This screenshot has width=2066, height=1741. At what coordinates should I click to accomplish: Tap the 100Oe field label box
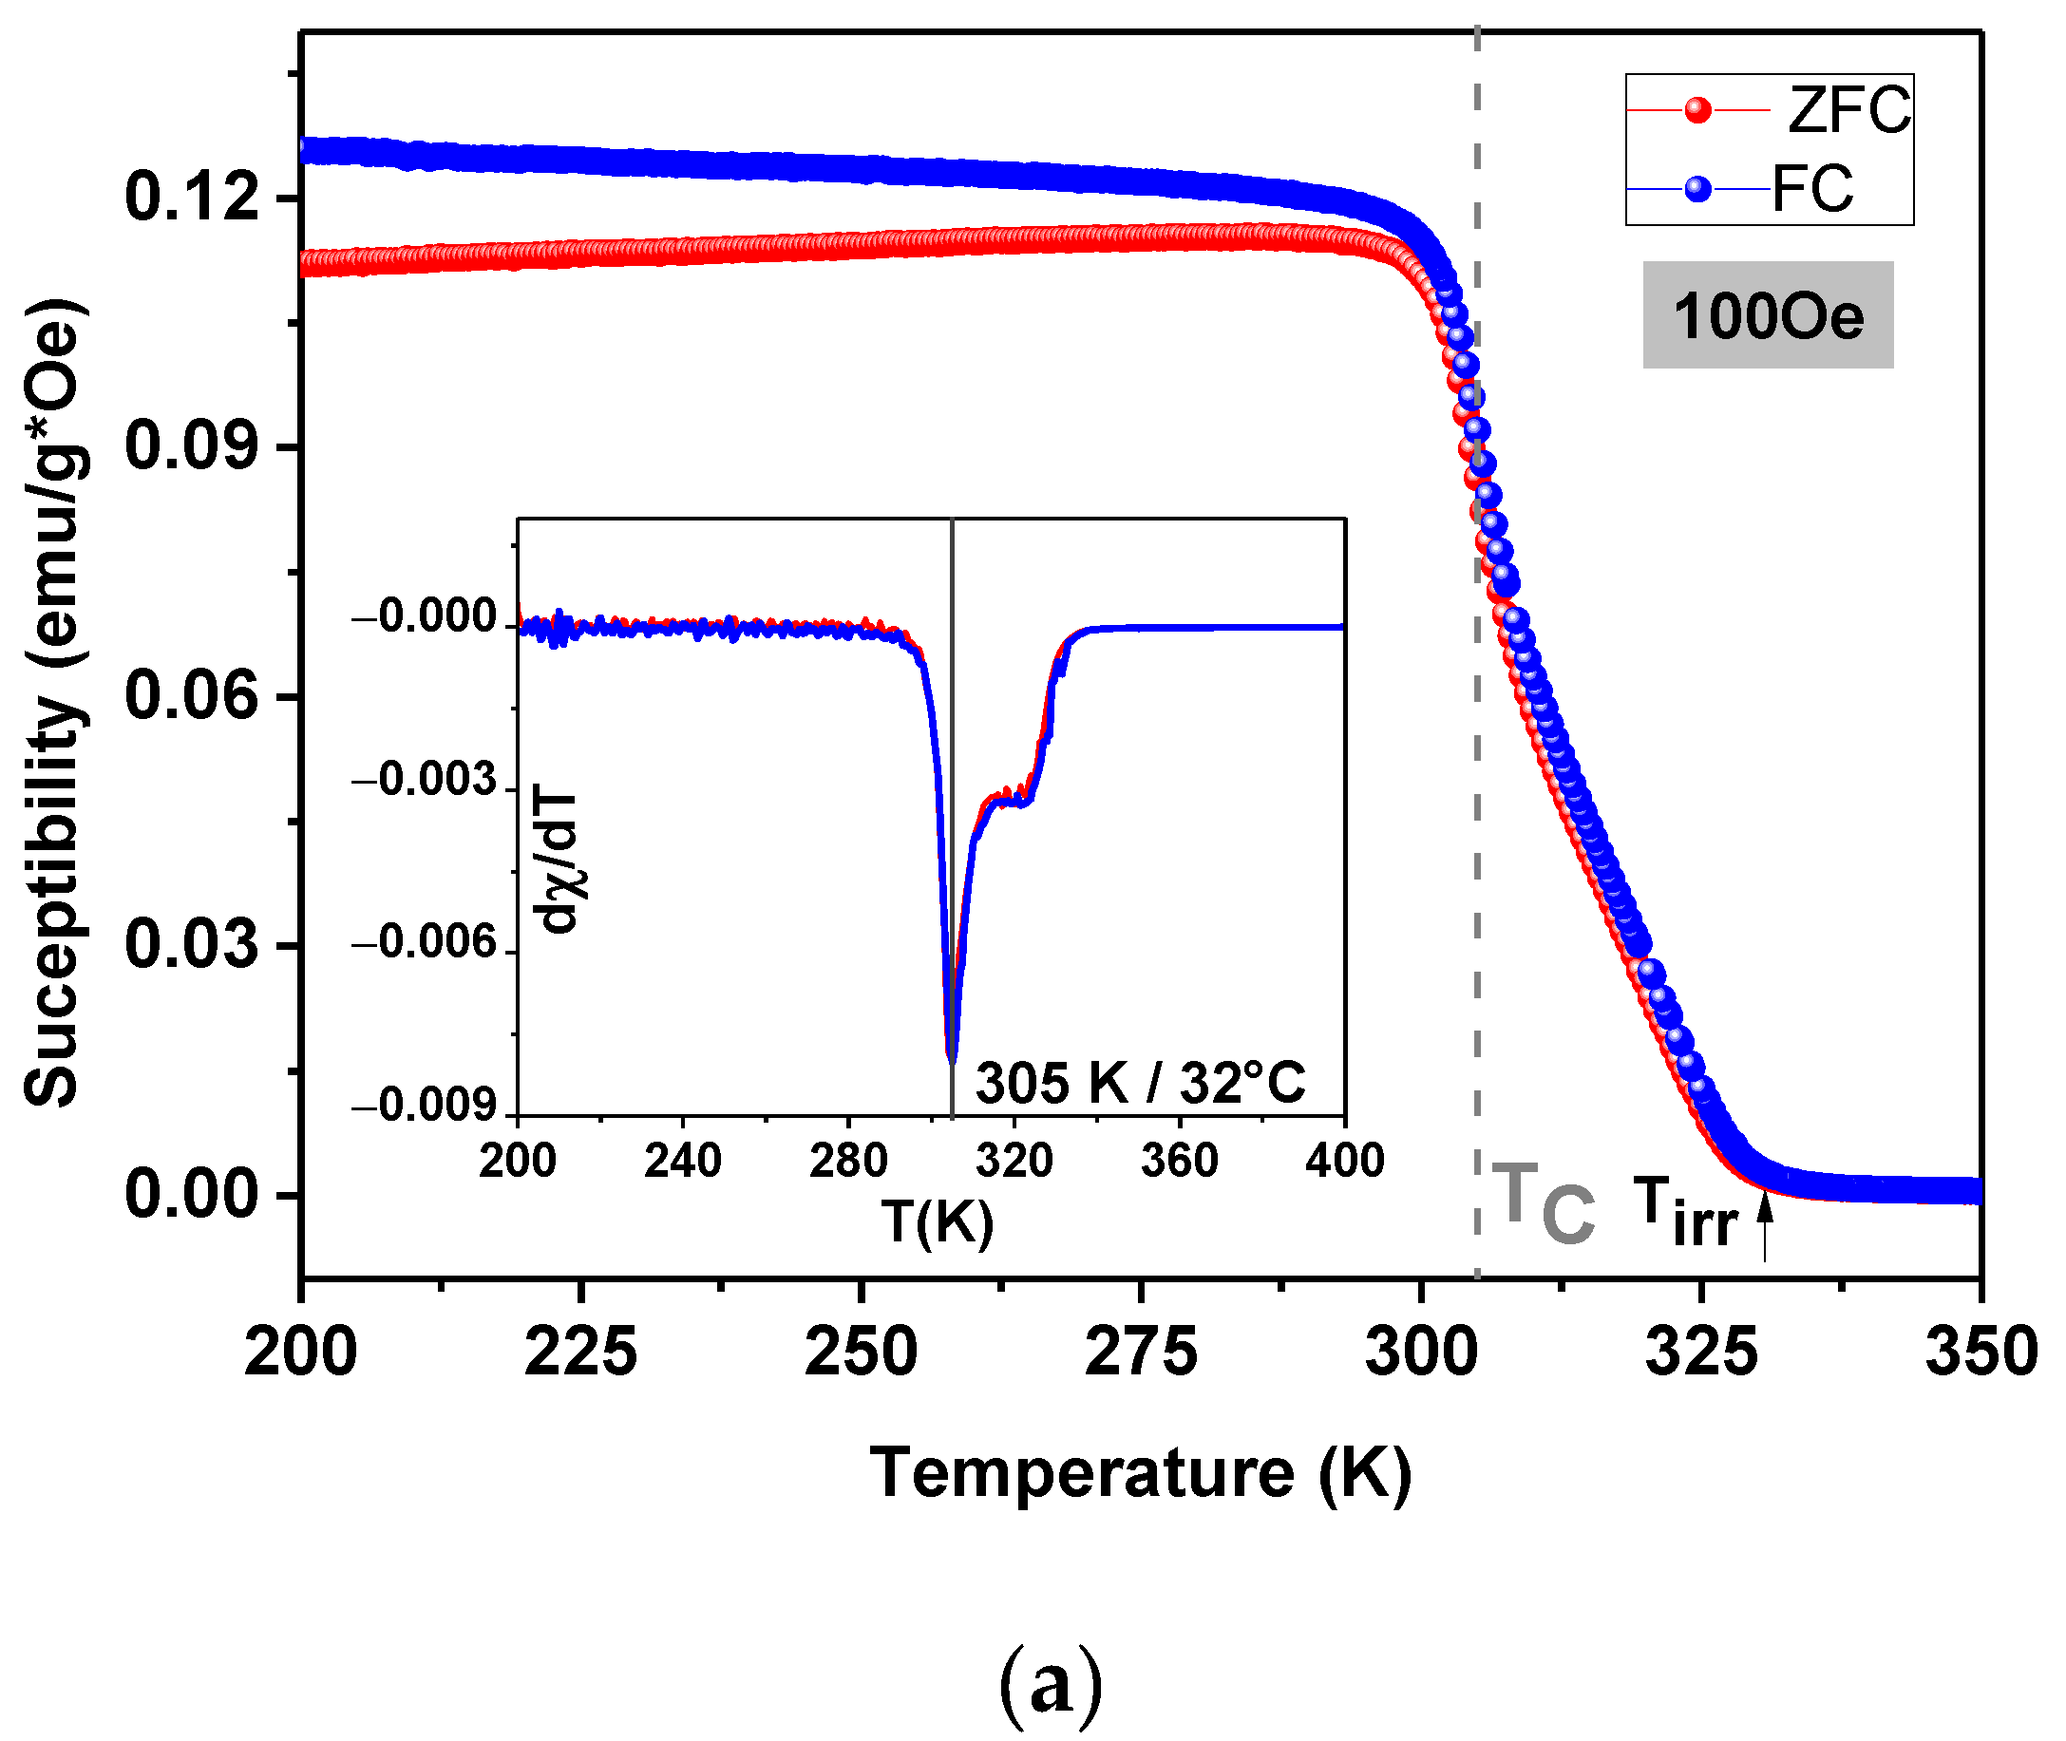click(x=1767, y=316)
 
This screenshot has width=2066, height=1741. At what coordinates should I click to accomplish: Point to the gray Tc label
click(x=1543, y=1204)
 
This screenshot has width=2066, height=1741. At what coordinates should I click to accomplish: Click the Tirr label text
click(x=1684, y=1213)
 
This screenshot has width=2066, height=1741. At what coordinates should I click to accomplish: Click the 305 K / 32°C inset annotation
click(x=1140, y=1084)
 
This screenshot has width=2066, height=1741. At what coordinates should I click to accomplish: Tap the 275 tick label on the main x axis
click(x=1140, y=1353)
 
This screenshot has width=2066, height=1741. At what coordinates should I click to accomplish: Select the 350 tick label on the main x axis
click(x=1981, y=1353)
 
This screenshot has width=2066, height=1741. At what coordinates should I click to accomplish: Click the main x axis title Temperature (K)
click(x=1140, y=1474)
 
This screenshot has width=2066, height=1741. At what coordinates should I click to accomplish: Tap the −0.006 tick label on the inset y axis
click(x=425, y=942)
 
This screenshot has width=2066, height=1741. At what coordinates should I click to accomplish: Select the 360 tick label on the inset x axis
click(x=1180, y=1161)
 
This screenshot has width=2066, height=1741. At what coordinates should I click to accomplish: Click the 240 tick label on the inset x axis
click(x=683, y=1161)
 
